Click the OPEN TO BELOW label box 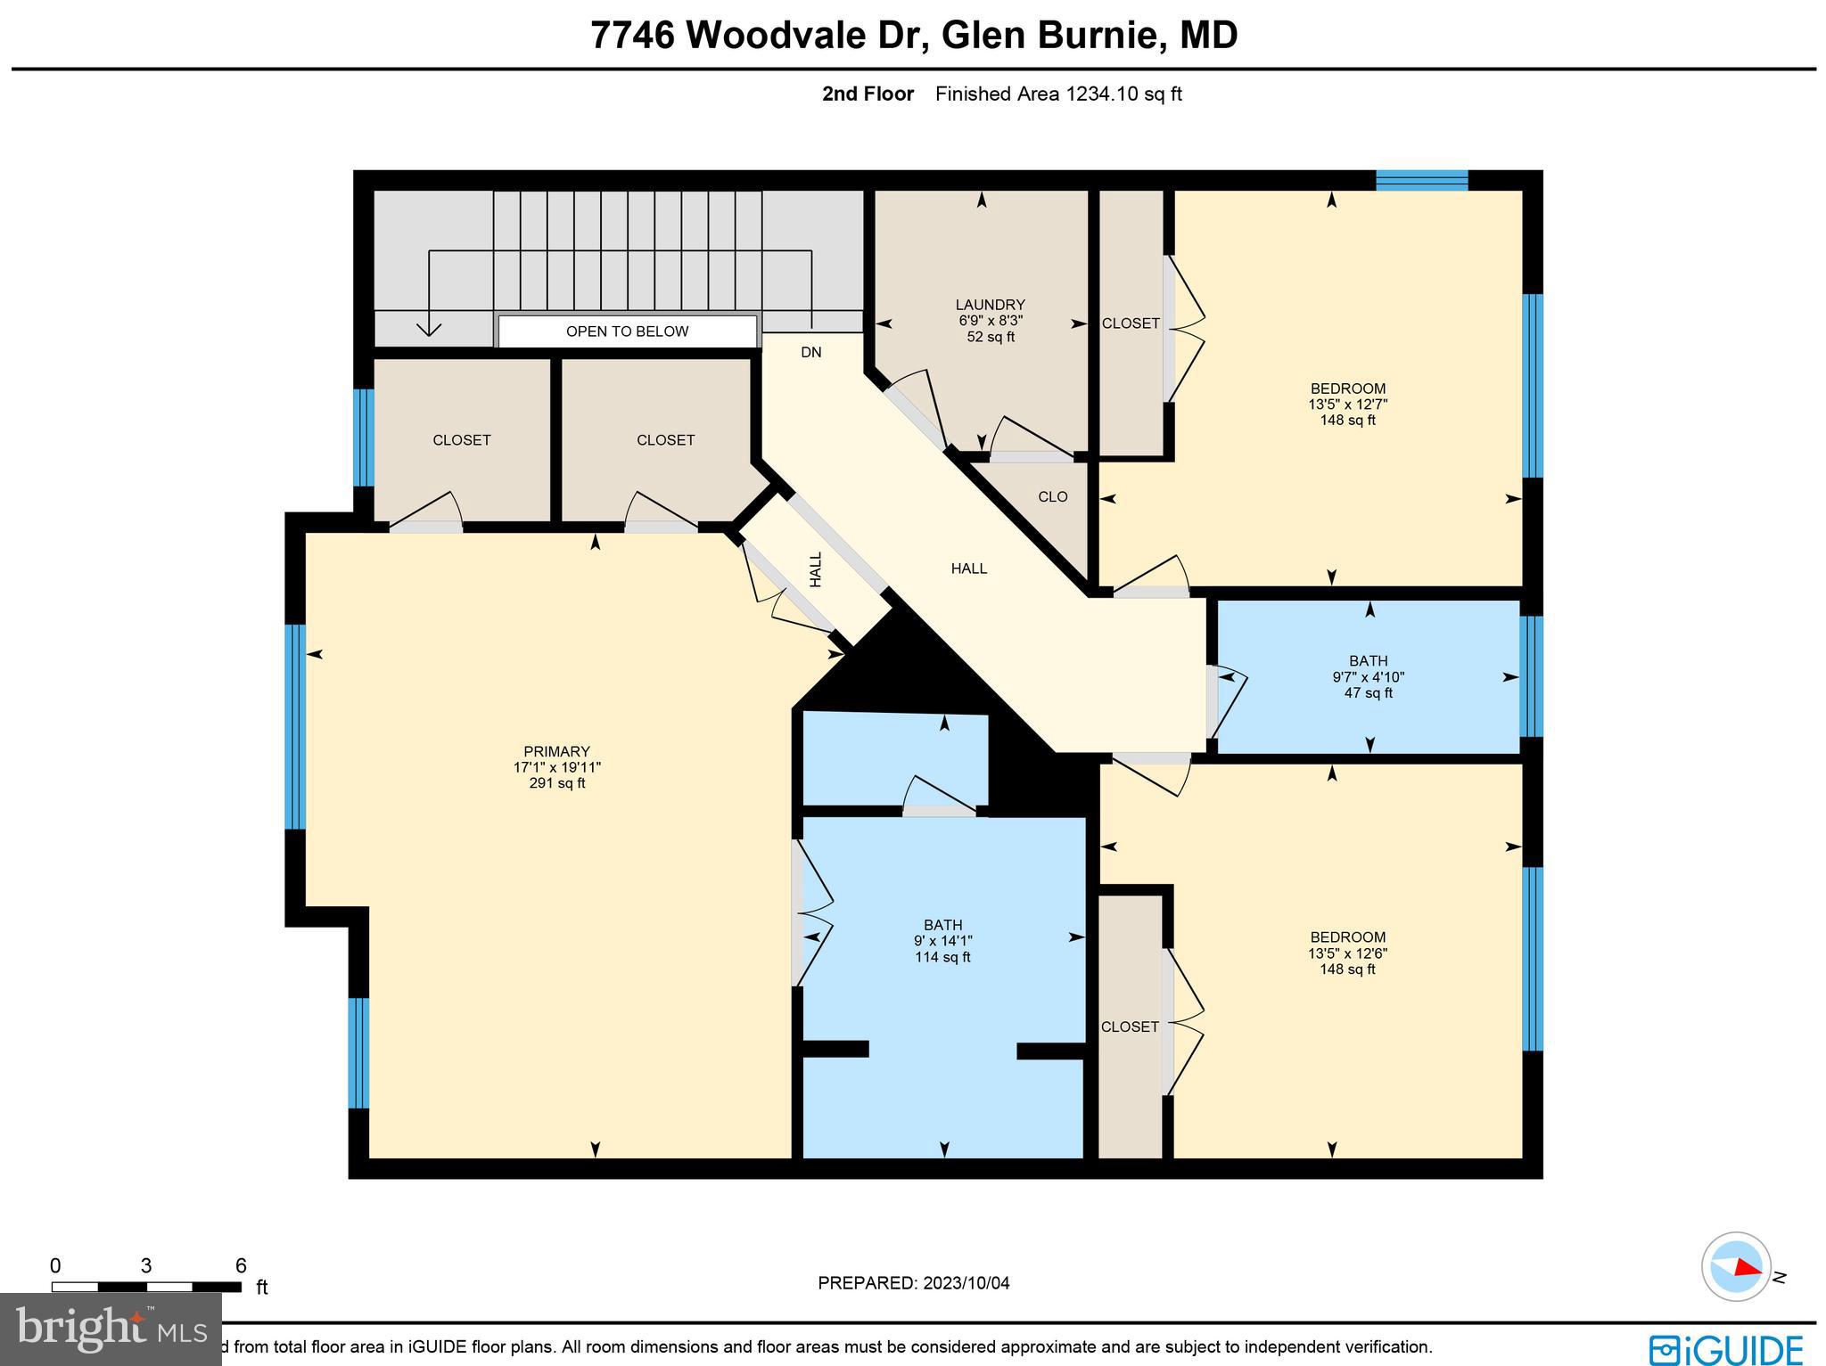627,331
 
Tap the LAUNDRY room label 990,305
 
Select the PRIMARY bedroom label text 556,751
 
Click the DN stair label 810,353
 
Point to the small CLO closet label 1052,497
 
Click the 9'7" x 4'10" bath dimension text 1368,677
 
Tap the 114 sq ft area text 942,957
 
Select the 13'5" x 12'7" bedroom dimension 1347,405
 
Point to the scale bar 146,1287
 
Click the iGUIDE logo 1726,1348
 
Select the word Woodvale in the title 777,36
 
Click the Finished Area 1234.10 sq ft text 1058,94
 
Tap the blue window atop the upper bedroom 1421,180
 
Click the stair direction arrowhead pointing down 430,329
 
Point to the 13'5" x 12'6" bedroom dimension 1347,953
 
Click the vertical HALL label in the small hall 815,568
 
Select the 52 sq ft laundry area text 990,337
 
